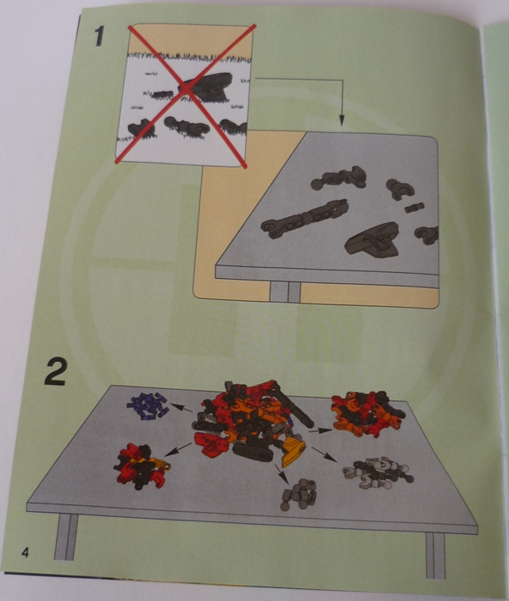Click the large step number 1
click(99, 36)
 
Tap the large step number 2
click(55, 371)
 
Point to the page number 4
click(25, 553)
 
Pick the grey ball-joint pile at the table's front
click(299, 494)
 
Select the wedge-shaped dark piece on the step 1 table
click(372, 240)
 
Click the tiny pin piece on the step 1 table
click(415, 208)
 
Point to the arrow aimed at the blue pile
click(182, 408)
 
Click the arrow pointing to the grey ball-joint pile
click(282, 474)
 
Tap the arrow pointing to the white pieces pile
click(325, 455)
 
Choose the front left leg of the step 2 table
click(66, 537)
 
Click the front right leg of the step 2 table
click(435, 555)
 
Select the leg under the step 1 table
click(285, 292)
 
